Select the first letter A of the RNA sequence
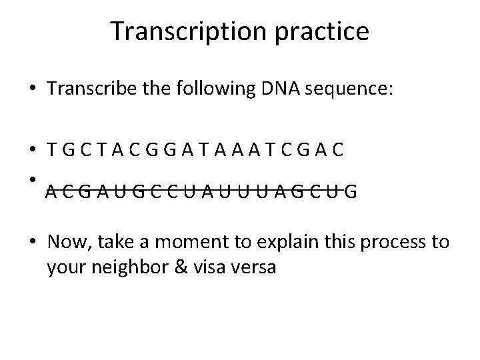51,194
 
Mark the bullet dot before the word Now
33,242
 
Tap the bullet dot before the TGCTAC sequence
33,151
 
